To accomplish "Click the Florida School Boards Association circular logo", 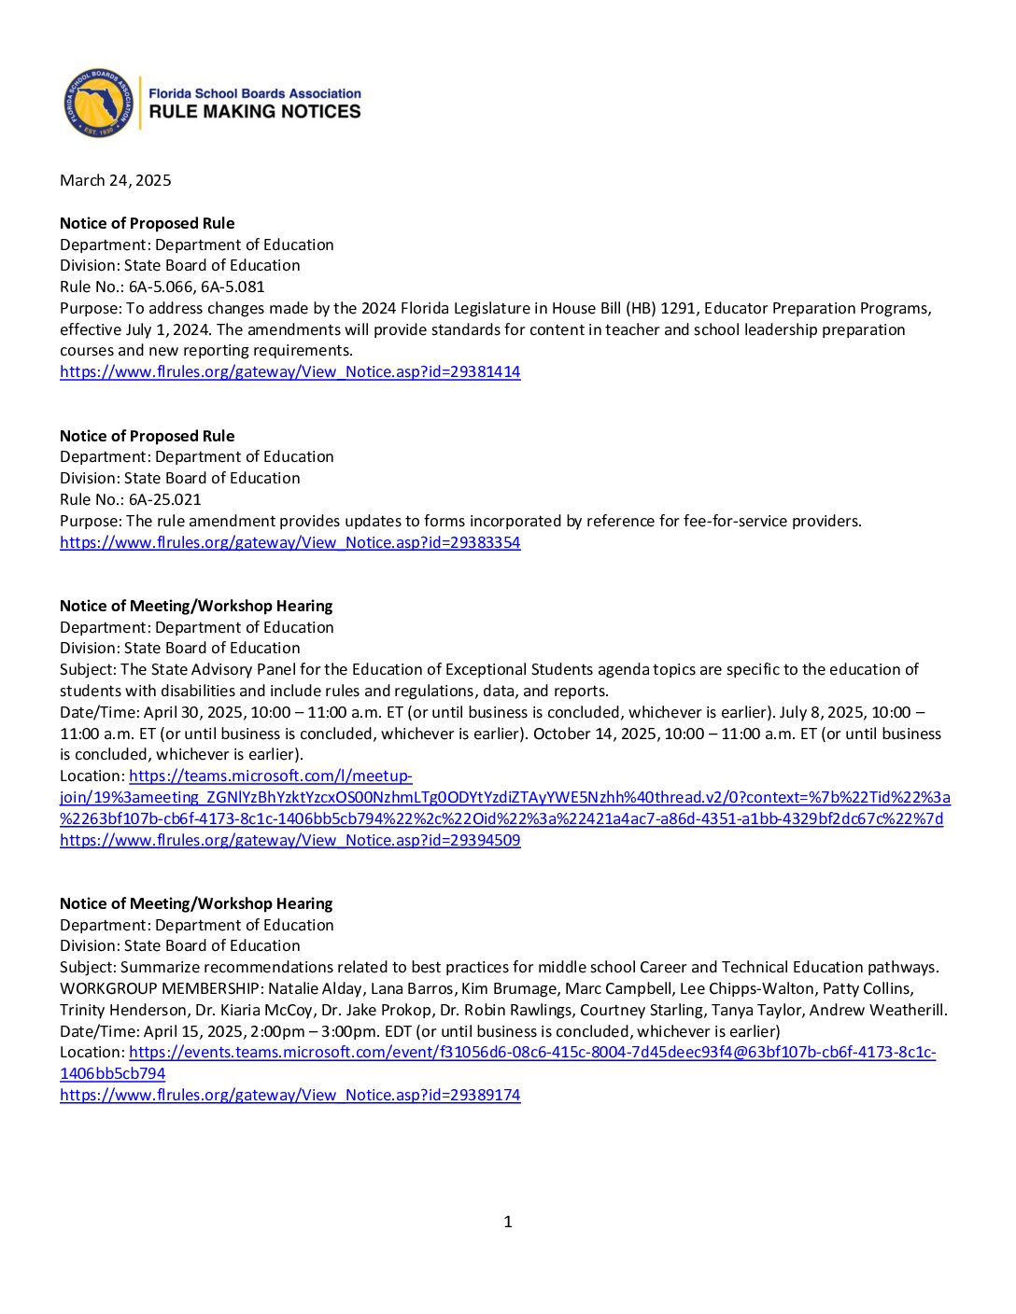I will click(98, 104).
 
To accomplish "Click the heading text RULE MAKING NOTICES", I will click(255, 112).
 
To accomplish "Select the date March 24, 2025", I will click(116, 180).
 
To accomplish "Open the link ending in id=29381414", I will click(289, 371).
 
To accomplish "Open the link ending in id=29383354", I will click(289, 542).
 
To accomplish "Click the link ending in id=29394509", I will click(289, 840).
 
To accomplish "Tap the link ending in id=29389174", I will click(289, 1095).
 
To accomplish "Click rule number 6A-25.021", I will click(165, 499).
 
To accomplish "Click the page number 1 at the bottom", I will click(508, 1222).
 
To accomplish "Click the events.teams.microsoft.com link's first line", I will click(532, 1052).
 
